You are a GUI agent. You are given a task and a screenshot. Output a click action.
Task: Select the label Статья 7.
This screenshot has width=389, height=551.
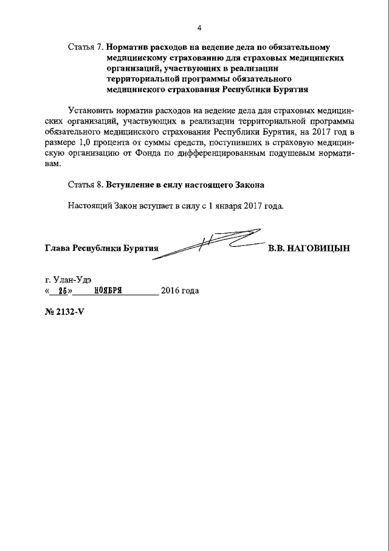pyautogui.click(x=86, y=46)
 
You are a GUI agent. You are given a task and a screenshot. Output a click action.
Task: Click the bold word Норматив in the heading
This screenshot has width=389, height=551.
pyautogui.click(x=129, y=46)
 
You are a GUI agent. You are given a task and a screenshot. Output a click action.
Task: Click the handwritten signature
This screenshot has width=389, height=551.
pyautogui.click(x=210, y=243)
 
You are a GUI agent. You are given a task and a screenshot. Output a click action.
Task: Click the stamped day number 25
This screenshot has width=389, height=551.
pyautogui.click(x=61, y=291)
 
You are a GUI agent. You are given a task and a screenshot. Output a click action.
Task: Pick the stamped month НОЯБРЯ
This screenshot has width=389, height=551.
pyautogui.click(x=109, y=291)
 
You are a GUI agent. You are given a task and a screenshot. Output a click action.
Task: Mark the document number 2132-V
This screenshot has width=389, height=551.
pyautogui.click(x=68, y=318)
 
